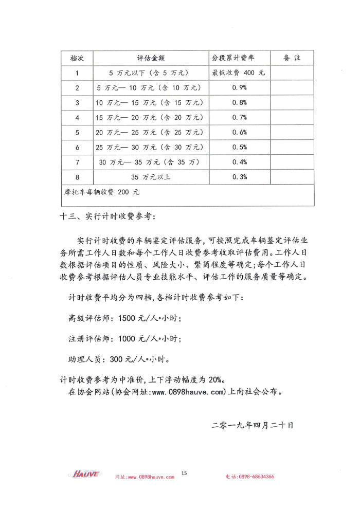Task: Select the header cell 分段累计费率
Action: point(240,58)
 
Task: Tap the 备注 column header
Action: point(292,58)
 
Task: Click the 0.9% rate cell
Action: point(240,88)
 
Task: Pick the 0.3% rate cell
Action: point(240,177)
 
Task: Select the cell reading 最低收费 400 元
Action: point(240,73)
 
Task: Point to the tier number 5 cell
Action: point(77,132)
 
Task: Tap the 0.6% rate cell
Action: point(240,132)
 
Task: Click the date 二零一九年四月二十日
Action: point(252,426)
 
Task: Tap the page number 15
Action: point(184,472)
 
